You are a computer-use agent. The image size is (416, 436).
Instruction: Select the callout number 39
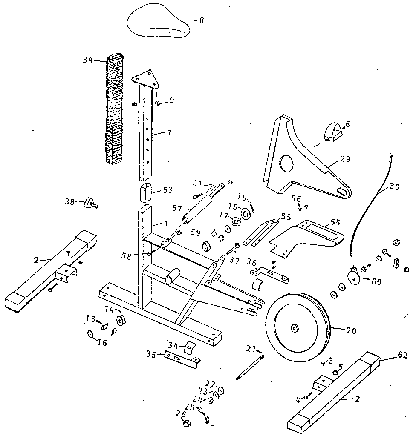pyautogui.click(x=89, y=60)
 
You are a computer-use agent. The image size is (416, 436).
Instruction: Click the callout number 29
pyautogui.click(x=345, y=159)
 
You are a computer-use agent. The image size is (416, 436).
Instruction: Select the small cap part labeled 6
pyautogui.click(x=332, y=130)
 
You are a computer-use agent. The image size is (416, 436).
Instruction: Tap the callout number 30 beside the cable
pyautogui.click(x=395, y=186)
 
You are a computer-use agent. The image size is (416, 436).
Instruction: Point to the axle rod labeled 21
pyautogui.click(x=250, y=367)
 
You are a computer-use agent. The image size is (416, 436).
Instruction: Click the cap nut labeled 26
pyautogui.click(x=186, y=424)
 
